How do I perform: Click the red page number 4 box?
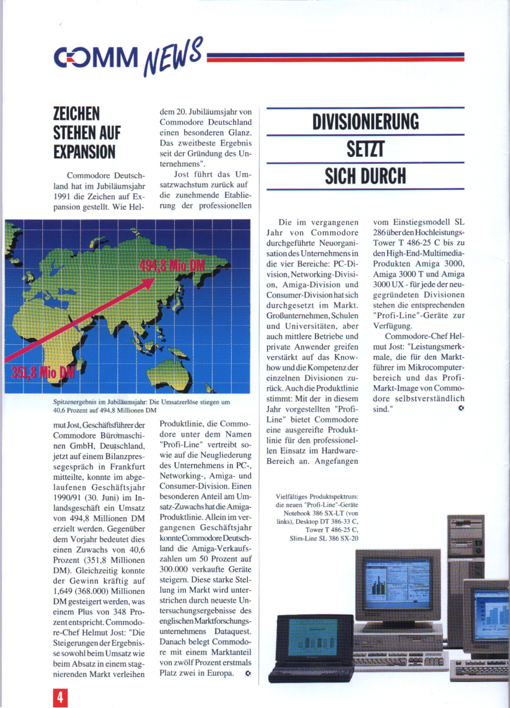point(60,698)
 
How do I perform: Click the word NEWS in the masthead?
point(173,56)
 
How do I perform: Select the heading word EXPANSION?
point(84,152)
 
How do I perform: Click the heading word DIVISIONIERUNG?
point(365,122)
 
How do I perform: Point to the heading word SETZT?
point(365,148)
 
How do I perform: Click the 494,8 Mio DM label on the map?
point(172,266)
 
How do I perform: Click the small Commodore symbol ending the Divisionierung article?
point(461,408)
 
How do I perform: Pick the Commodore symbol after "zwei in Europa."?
point(248,673)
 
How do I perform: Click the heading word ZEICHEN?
point(77,114)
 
